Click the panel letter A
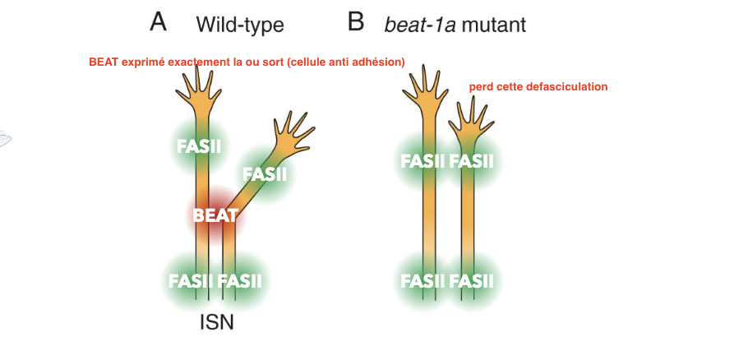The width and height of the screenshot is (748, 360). point(159,22)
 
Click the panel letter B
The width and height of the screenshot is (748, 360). point(355,22)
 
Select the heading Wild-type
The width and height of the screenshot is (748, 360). point(239,25)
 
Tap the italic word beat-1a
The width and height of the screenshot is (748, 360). point(419,25)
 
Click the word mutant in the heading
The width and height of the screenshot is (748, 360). point(493,25)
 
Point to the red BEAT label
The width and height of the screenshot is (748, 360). point(215,216)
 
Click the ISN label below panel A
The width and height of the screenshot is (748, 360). point(217,322)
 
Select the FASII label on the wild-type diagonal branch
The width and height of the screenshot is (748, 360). point(265,174)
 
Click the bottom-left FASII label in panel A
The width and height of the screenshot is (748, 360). point(192,281)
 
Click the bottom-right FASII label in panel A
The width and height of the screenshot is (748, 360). point(240,281)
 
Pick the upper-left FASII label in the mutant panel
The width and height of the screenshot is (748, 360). point(423,161)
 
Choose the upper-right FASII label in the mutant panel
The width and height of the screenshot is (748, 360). point(472,161)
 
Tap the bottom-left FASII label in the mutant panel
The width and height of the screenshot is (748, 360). point(423,281)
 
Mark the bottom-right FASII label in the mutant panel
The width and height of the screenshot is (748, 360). point(472,281)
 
